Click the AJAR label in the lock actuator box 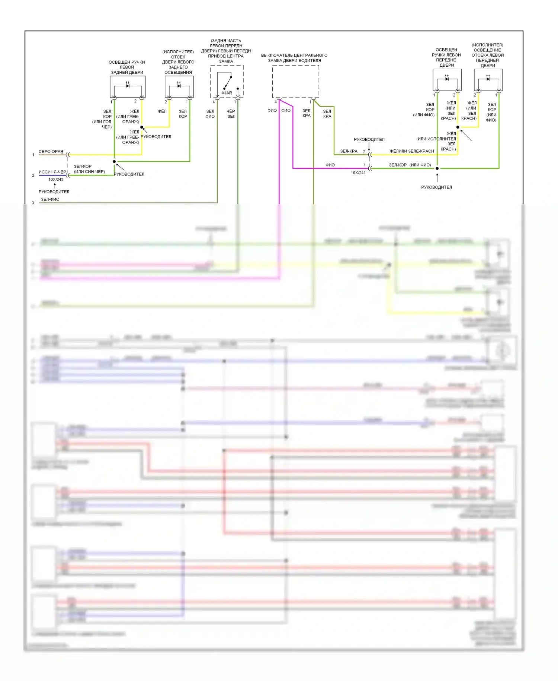pos(227,93)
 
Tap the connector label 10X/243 pos(56,180)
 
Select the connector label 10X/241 pos(358,173)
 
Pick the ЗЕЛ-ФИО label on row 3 pos(50,199)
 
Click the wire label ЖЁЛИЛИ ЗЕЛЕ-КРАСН pos(411,151)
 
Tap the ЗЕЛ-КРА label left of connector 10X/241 pos(349,151)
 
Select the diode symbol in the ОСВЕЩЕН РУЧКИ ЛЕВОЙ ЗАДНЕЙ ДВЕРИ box pos(128,86)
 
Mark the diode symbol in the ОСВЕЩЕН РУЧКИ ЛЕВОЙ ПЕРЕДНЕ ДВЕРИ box pos(447,79)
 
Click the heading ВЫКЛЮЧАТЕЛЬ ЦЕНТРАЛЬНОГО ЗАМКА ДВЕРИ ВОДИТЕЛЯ pos(294,58)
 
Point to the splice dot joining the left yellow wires pos(142,127)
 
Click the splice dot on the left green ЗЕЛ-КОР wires pos(114,162)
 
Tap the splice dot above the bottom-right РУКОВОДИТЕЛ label pos(437,168)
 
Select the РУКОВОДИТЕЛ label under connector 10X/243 pos(54,192)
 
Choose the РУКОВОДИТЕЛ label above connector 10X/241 pos(369,139)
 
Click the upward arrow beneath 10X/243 pos(55,185)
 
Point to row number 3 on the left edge pos(33,203)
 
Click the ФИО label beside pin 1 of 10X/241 pos(330,165)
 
